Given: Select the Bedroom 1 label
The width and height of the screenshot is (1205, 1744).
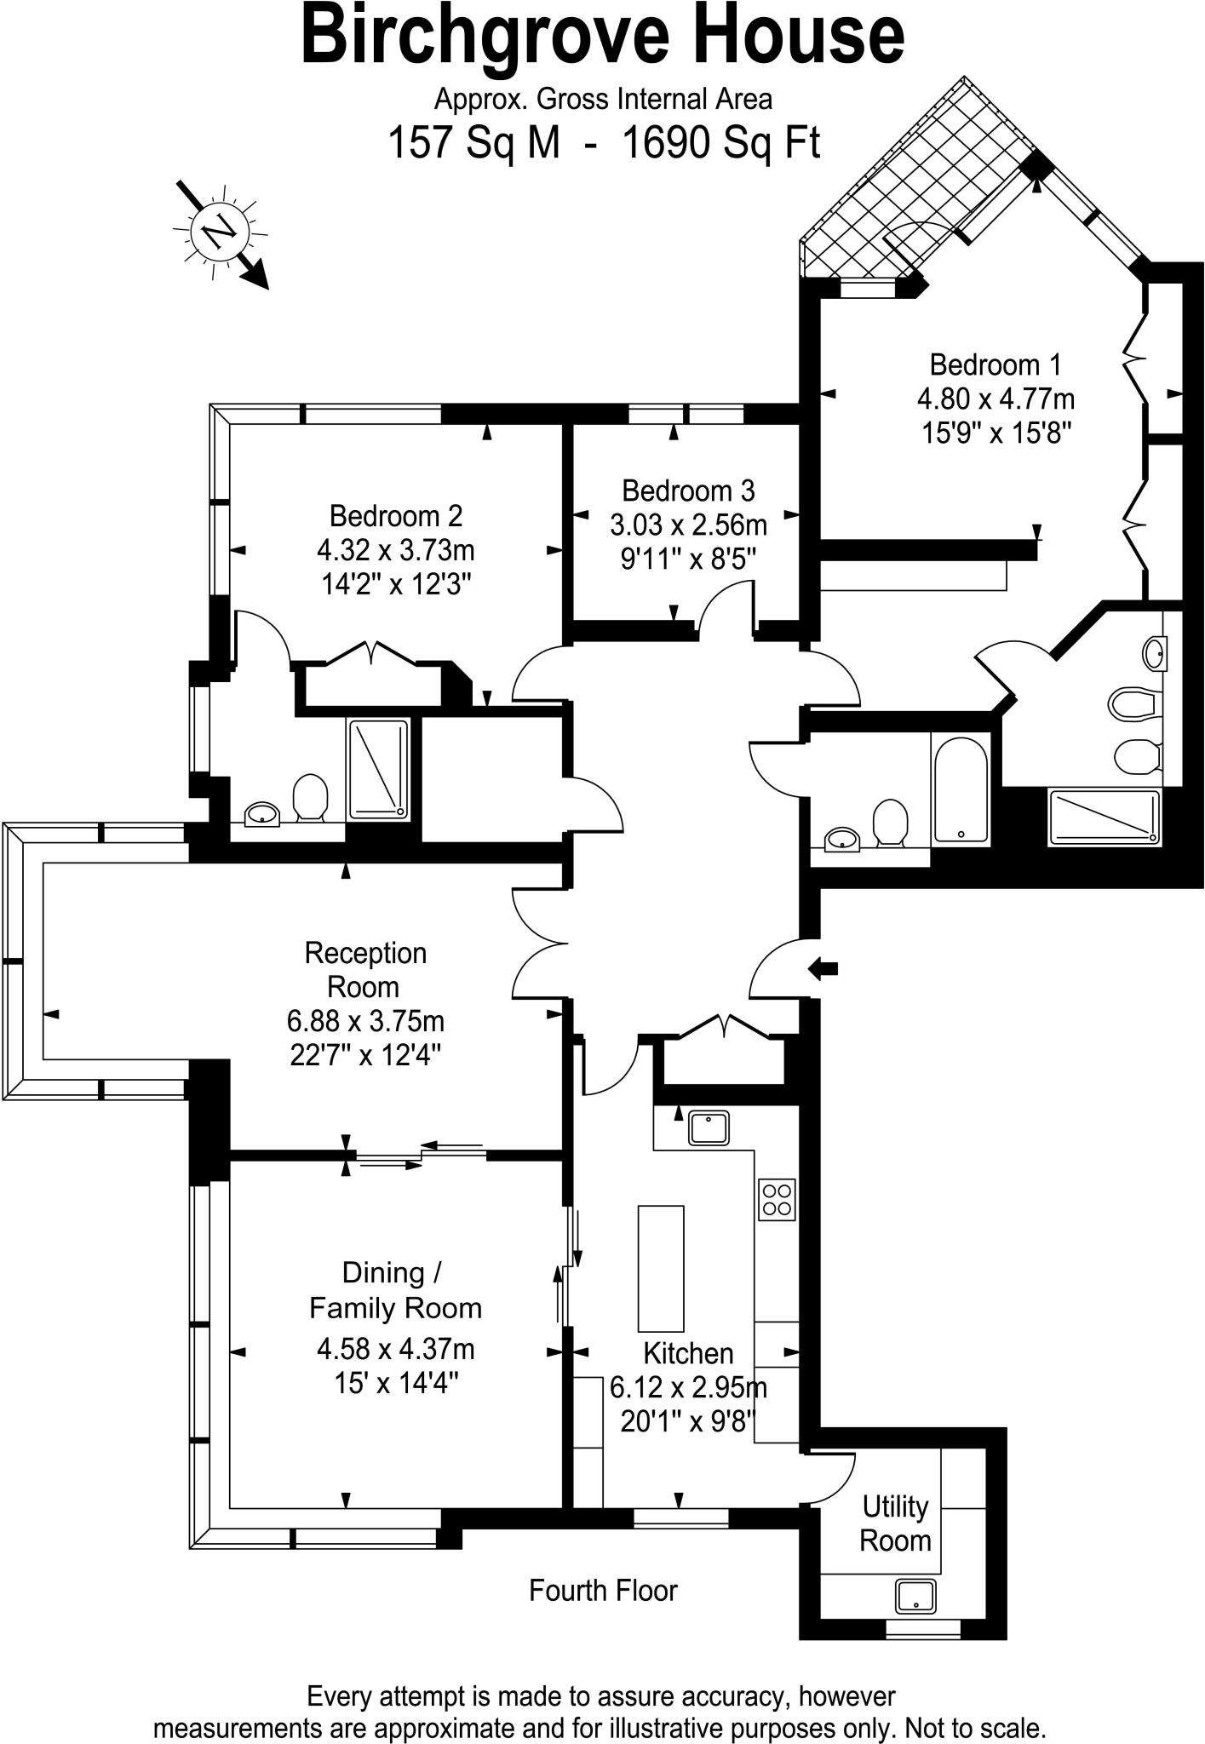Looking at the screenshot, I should (x=996, y=365).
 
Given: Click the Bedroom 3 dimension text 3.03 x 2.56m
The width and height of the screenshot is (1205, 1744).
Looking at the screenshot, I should (x=688, y=525).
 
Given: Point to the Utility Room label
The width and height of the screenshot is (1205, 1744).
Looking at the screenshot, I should (x=895, y=1523).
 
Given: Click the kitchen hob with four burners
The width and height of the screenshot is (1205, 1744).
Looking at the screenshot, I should (x=776, y=1200).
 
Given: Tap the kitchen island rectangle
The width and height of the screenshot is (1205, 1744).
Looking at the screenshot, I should (x=661, y=1268).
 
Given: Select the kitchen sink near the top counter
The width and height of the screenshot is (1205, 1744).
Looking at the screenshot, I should (x=709, y=1128).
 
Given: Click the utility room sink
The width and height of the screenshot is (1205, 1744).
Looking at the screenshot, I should (x=915, y=1596).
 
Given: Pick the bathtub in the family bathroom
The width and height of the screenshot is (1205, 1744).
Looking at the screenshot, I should (x=961, y=789).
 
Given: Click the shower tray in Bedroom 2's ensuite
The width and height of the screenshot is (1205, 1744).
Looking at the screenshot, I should (x=378, y=770).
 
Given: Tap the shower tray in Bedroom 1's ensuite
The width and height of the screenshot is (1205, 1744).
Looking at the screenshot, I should (x=1105, y=818).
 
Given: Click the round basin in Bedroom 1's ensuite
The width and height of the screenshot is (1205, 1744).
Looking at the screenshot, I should (x=1155, y=654).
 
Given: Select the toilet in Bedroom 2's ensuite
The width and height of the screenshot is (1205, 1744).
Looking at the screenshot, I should (x=311, y=797).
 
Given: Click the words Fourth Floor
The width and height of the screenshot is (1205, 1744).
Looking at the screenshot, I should (x=603, y=1591).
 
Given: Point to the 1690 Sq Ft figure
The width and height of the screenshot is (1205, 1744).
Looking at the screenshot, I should (x=721, y=143).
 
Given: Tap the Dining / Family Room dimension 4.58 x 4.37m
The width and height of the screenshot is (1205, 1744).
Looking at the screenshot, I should (x=396, y=1349).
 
